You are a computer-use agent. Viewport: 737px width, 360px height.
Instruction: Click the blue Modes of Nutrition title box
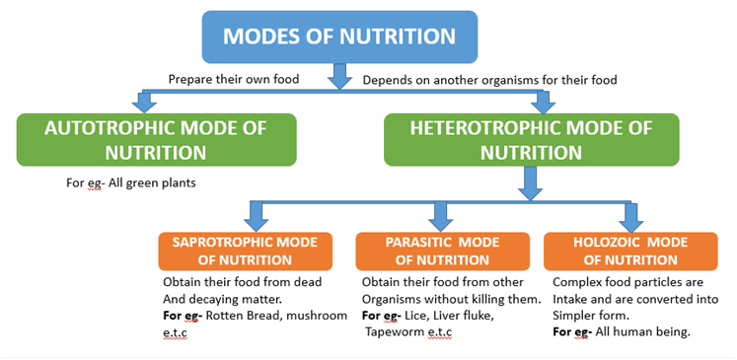(x=338, y=37)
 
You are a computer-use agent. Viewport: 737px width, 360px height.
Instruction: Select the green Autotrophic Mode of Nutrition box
(x=156, y=139)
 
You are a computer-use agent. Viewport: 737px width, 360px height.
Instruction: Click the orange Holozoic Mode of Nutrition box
(x=630, y=251)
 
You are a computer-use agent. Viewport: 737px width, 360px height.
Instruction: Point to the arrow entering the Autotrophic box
(x=145, y=100)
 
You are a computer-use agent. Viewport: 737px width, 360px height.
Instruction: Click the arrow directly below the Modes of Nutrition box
(x=339, y=75)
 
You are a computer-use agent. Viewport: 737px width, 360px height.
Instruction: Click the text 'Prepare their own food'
(x=235, y=79)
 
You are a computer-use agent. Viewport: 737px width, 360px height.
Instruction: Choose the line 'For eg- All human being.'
(x=621, y=331)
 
